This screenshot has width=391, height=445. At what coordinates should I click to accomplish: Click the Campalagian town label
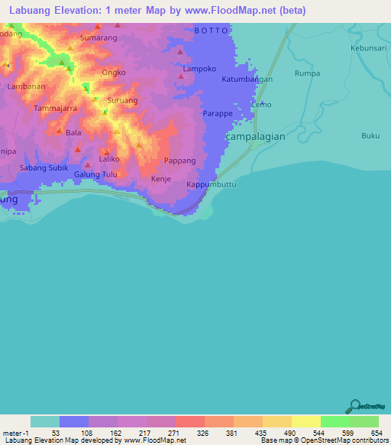click(257, 135)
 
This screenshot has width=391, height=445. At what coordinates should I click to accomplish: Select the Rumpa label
click(306, 74)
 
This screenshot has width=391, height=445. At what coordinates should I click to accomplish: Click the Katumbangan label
click(246, 79)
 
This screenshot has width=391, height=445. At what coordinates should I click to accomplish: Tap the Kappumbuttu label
click(212, 185)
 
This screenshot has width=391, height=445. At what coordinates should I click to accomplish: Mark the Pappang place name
click(180, 161)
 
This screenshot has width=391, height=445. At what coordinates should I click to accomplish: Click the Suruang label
click(122, 100)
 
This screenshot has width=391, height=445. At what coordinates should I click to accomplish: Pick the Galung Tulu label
click(95, 174)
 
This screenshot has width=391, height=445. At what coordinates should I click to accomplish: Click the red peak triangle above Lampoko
click(180, 52)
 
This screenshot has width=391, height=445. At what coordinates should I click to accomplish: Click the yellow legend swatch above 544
click(305, 422)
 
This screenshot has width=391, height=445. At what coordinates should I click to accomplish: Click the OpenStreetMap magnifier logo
click(354, 408)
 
